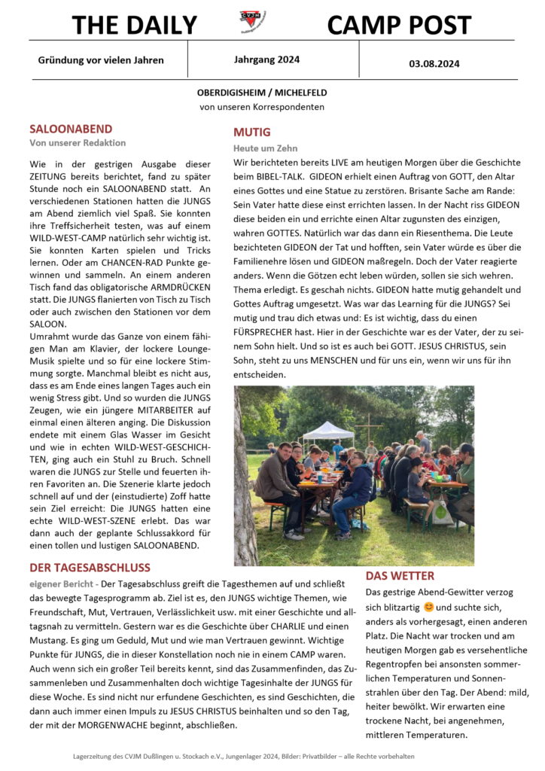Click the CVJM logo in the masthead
pos(252,21)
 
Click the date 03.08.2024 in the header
pos(434,64)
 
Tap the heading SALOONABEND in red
pos(71,129)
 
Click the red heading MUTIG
pos(251,133)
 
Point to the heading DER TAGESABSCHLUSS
pos(90,567)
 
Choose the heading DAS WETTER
pos(400,576)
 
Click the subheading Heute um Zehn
pos(265,148)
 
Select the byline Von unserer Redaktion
pos(78,142)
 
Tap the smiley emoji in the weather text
pos(429,606)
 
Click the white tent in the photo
pos(328,431)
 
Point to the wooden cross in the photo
pos(369,428)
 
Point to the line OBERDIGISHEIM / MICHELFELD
pos(262,93)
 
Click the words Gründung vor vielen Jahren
pos(101,60)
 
